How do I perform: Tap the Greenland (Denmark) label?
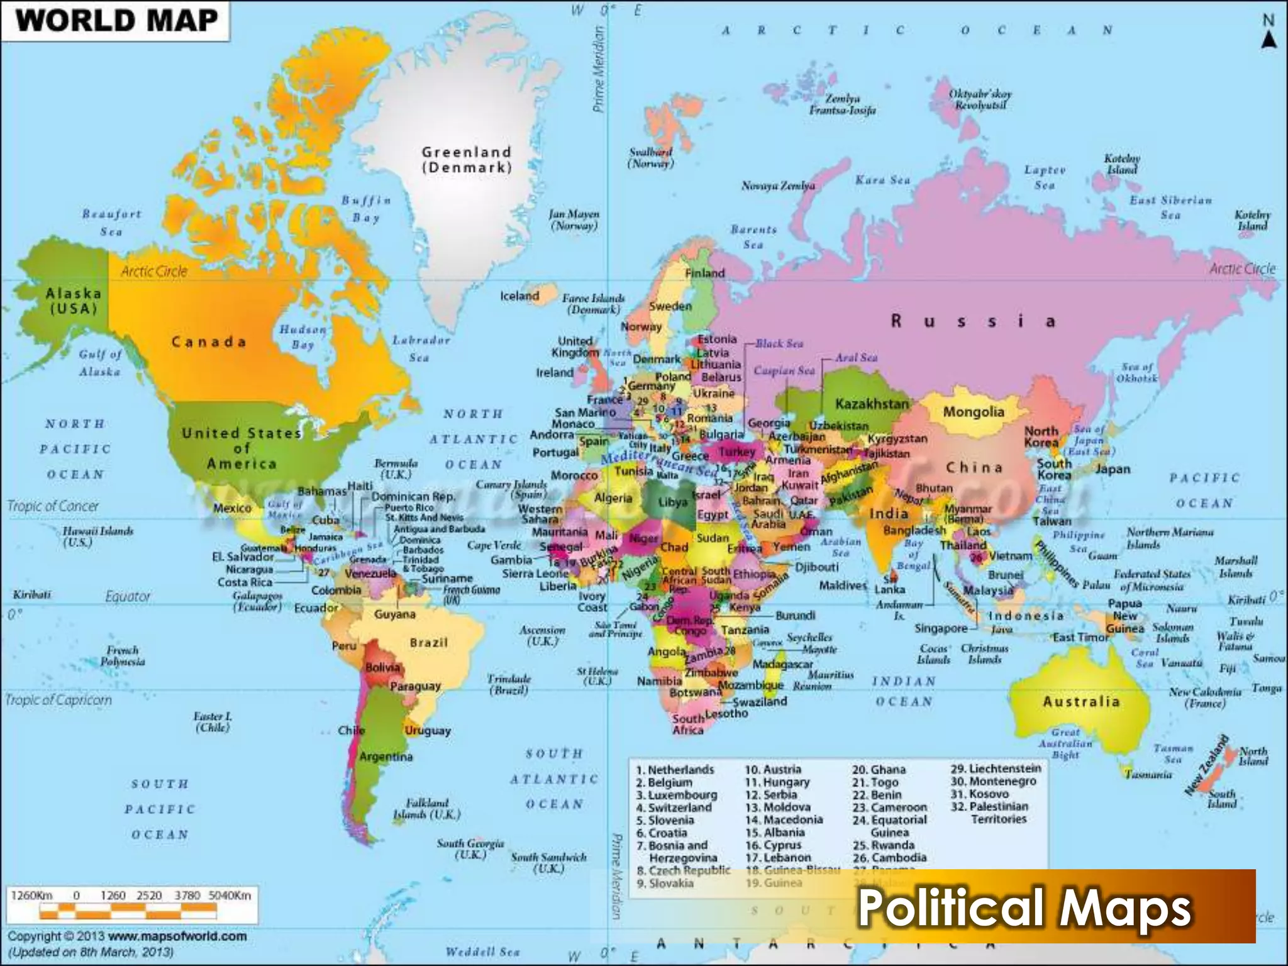(x=467, y=160)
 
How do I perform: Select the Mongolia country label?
(x=974, y=413)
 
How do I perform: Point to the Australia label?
(x=1081, y=701)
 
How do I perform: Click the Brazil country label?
(x=428, y=643)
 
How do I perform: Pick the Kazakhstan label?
(x=872, y=404)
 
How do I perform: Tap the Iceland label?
(x=519, y=296)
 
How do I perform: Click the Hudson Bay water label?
(x=303, y=336)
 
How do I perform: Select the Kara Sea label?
(x=882, y=180)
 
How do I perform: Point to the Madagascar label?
(x=782, y=664)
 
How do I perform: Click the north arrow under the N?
(x=1269, y=40)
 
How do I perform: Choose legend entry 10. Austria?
(x=773, y=770)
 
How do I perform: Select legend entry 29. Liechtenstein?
(x=996, y=769)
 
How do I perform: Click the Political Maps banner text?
(x=1024, y=908)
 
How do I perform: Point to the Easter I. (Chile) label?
(x=213, y=722)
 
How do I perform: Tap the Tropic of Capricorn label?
(x=58, y=700)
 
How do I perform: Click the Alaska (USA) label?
(x=74, y=301)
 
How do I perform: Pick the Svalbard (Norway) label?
(x=651, y=157)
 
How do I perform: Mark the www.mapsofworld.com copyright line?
(x=127, y=936)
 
